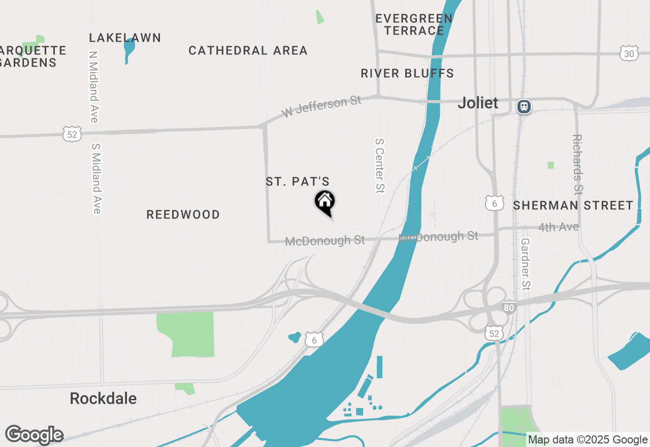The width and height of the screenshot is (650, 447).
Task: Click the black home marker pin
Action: (325, 202)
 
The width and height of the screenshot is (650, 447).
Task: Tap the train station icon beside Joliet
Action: (524, 107)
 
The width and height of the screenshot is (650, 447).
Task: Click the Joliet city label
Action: (478, 103)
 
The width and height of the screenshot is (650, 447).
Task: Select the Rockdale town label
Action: (103, 399)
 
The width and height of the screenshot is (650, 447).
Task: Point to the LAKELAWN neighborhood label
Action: (125, 38)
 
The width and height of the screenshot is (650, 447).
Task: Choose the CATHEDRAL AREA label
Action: (248, 51)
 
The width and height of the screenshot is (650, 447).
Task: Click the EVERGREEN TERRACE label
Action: (414, 25)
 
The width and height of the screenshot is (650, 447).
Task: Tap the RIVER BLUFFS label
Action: (407, 74)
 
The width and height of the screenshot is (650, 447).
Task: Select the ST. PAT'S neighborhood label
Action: (298, 182)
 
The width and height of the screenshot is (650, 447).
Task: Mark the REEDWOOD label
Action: (183, 215)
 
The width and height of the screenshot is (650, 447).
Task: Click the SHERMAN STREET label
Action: (573, 206)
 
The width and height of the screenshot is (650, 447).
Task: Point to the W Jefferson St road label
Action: (321, 107)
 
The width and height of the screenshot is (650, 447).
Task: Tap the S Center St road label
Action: (379, 166)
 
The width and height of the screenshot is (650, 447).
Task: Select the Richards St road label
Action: (577, 164)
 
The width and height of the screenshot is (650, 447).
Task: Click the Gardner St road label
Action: (526, 264)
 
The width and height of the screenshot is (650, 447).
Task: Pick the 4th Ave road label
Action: (559, 227)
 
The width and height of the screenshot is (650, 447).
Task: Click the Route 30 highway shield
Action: (629, 53)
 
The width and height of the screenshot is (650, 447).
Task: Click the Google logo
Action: (34, 435)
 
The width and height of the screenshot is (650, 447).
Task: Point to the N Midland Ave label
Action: (93, 86)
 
